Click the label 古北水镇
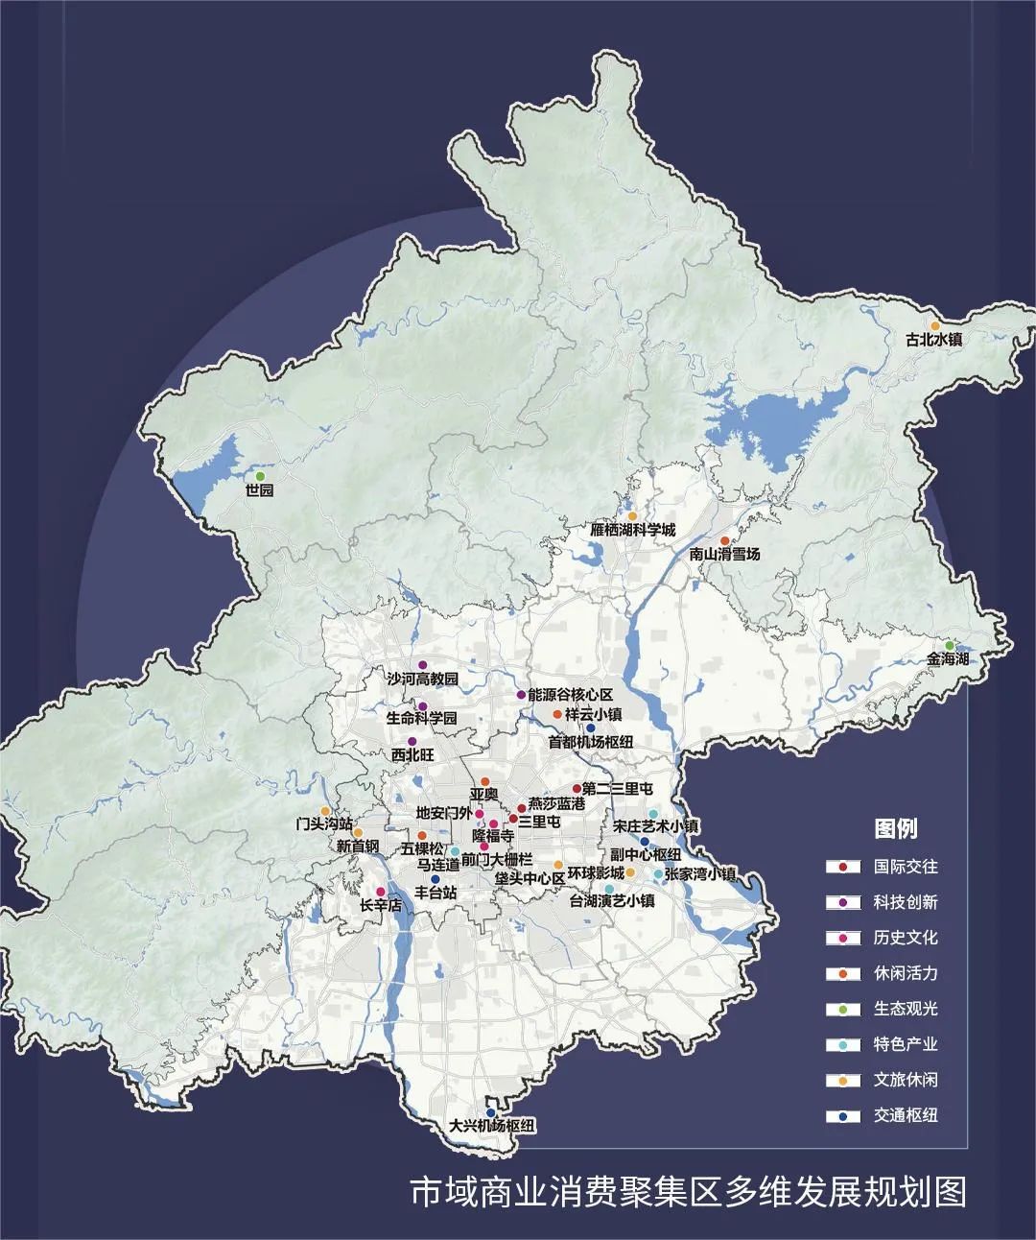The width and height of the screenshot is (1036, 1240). tap(934, 340)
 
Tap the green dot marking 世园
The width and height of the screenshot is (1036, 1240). tap(257, 475)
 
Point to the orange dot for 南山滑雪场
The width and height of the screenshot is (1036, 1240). tap(724, 541)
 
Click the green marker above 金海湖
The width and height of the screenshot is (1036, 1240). tap(949, 646)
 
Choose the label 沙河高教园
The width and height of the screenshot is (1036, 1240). tap(422, 679)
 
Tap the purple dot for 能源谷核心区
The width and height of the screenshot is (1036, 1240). tap(521, 694)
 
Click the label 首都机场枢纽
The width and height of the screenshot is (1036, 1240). tap(591, 742)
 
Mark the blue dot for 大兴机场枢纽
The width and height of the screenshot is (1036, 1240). tap(491, 1113)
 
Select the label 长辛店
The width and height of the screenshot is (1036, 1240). tap(380, 905)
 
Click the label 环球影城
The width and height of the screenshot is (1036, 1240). tap(595, 872)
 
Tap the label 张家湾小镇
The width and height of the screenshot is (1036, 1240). tap(700, 874)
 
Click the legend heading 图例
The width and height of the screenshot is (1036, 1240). tap(895, 828)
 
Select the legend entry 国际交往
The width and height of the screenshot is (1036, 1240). tap(905, 867)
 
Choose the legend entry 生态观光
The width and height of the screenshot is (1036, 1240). tap(905, 1009)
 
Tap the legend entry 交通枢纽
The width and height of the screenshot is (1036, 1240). tap(905, 1115)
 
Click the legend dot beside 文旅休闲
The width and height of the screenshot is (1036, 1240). tap(842, 1081)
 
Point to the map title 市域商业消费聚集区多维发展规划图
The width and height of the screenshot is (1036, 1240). tap(688, 1192)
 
